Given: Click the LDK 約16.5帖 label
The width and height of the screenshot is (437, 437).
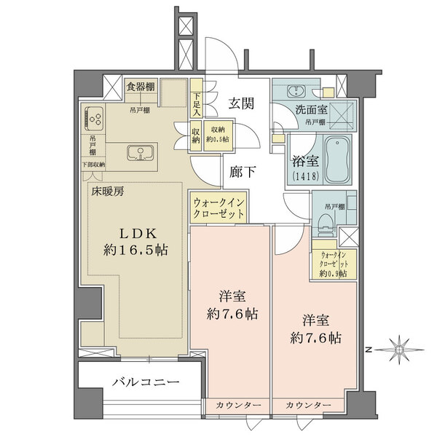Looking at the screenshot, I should click(x=135, y=240).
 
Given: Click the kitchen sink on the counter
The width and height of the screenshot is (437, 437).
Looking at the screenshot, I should click(x=139, y=153).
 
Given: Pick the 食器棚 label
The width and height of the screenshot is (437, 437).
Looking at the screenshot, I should click(x=139, y=87).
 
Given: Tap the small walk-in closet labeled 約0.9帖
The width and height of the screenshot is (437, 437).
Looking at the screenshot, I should click(x=334, y=264).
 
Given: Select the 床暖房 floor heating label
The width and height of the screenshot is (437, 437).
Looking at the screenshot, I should click(x=106, y=192).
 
